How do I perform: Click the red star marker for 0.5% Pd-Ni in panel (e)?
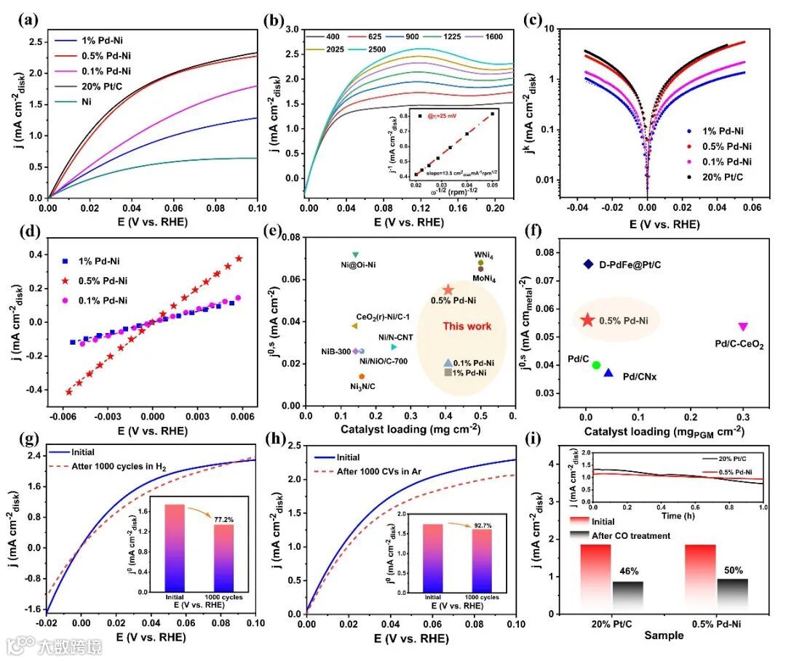click(448, 289)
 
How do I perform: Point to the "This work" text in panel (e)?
click(467, 327)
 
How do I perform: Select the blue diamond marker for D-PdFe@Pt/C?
click(589, 264)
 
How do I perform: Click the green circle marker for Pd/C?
click(596, 365)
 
